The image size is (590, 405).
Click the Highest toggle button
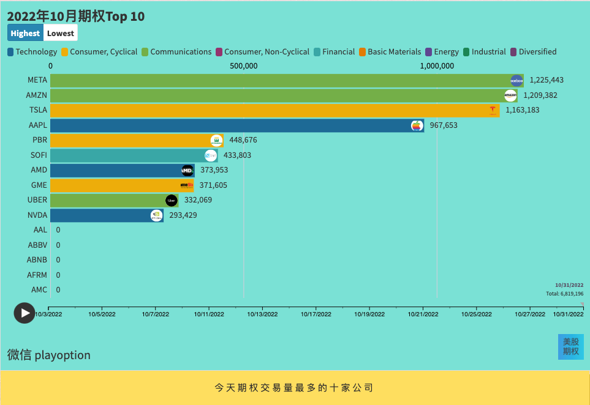point(25,33)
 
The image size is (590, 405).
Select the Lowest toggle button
point(61,33)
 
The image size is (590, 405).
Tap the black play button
point(25,313)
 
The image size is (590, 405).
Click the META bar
point(276,80)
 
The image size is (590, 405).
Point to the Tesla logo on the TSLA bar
point(493,110)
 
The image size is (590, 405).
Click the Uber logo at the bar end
point(172,200)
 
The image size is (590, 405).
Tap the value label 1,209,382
point(540,95)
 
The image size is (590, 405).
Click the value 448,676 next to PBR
point(243,140)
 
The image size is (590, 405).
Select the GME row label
point(39,185)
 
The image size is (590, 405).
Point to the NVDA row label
point(37,215)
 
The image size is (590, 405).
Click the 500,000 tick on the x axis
point(243,66)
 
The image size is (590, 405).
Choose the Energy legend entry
point(442,52)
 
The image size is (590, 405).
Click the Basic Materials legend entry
point(390,52)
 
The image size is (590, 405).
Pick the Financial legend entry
point(334,52)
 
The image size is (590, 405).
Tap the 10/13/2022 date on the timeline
point(263,314)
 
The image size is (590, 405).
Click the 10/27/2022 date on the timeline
point(530,314)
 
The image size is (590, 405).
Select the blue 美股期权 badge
point(571,346)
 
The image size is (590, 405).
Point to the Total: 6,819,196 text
point(564,294)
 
